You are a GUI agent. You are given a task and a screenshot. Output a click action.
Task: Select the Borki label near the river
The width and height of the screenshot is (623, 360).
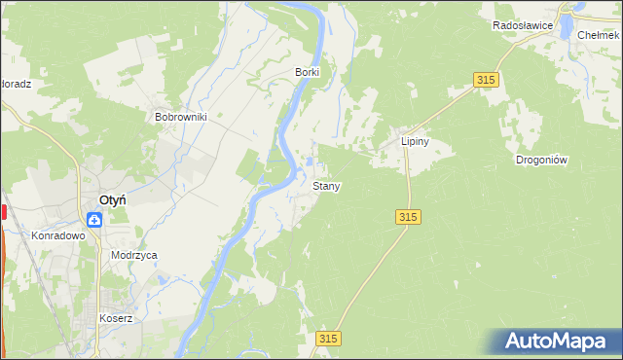click(308, 72)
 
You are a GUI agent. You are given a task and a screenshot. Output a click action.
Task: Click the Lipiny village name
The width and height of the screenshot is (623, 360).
click(416, 141)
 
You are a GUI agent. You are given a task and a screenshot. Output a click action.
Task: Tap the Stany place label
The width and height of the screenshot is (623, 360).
click(326, 185)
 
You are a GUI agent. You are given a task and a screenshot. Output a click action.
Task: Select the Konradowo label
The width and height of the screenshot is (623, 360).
click(58, 235)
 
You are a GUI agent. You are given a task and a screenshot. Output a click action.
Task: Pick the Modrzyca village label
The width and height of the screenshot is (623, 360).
click(134, 255)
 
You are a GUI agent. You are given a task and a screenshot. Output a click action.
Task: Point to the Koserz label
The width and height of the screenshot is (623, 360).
click(115, 318)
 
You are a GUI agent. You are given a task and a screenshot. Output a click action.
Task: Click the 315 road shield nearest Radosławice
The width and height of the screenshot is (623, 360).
click(488, 80)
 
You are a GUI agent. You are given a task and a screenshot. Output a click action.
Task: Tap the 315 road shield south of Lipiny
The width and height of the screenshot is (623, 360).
click(409, 218)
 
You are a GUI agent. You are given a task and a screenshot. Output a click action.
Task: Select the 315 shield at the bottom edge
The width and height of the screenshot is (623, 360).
click(329, 338)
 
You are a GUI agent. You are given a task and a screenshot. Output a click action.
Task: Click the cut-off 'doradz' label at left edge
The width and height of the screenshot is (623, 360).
click(16, 84)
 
